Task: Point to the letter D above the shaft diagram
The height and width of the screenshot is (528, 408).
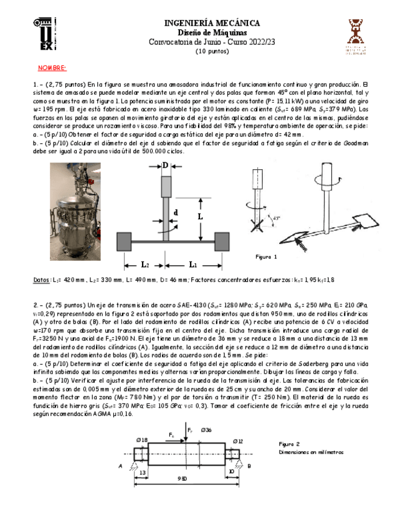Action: click(x=165, y=164)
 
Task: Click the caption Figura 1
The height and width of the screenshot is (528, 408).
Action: click(x=267, y=257)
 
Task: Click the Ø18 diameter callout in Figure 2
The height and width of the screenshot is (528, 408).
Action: click(x=142, y=440)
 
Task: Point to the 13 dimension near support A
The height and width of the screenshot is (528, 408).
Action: click(x=143, y=472)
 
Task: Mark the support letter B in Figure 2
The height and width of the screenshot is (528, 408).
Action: click(x=249, y=465)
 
